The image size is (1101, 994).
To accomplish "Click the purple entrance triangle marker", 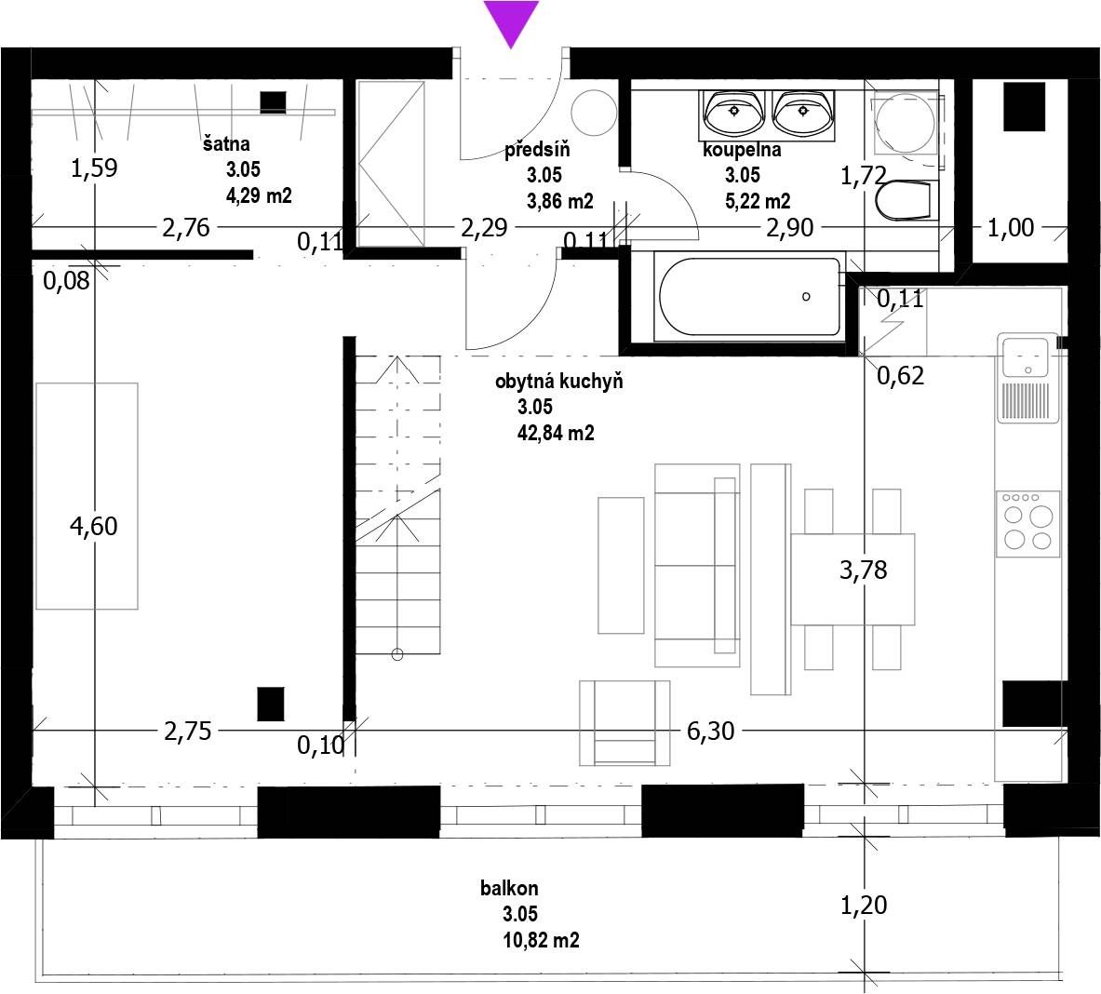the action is pos(511,21).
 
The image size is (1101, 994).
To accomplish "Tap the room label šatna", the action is pos(226,144).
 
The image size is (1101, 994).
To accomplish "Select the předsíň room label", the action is pos(537,149).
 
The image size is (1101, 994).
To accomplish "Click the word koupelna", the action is pos(742,150).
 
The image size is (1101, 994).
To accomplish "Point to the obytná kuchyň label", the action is pos(559,382).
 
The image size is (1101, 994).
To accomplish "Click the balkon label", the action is pos(509,888).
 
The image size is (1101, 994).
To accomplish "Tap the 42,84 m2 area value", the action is pos(556,433).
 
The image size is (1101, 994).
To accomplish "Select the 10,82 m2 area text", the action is pos(541,940).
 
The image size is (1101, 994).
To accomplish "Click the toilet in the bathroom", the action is pos(904,200).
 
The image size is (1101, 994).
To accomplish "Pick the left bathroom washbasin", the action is pos(733,113).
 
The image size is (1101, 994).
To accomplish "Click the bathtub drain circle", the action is pos(806,297).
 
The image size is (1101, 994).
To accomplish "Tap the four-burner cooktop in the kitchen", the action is pos(1027,524).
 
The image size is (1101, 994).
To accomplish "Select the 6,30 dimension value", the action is pos(711,731).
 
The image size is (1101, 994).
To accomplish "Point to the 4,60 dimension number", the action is pos(93,526).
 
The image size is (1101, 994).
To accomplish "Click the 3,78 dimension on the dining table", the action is pos(863,570).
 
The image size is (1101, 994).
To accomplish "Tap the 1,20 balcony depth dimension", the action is pos(864,905).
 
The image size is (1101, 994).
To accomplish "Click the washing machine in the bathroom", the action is pos(906,124).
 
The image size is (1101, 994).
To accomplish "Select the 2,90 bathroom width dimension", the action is pos(790,227).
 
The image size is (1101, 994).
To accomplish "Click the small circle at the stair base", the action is pos(396,655).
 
